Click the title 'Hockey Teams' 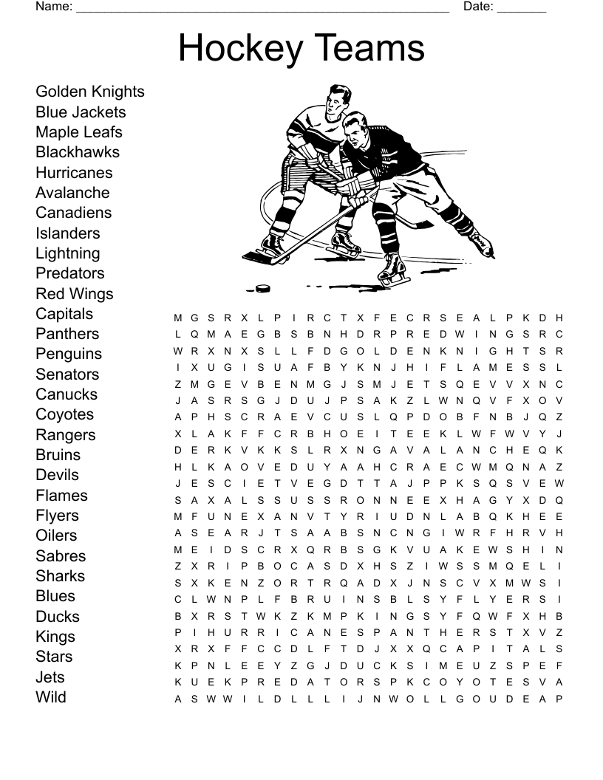pos(301,49)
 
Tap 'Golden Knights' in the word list pos(90,92)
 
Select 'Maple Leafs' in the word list pos(79,132)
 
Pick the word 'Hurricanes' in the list pos(74,173)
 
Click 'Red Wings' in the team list pos(75,294)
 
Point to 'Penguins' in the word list pos(69,355)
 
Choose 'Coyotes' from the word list pos(65,414)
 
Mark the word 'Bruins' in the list pos(58,455)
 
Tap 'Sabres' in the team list pos(61,556)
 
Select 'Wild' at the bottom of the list pos(51,697)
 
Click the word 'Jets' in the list pos(50,677)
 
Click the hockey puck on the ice pos(262,287)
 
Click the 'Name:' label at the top pos(54,7)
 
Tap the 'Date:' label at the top pos(478,7)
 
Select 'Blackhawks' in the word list pos(78,152)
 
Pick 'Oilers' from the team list pos(56,536)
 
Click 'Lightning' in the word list pos(68,253)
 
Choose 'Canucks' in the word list pos(67,394)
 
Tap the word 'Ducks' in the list pos(58,617)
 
